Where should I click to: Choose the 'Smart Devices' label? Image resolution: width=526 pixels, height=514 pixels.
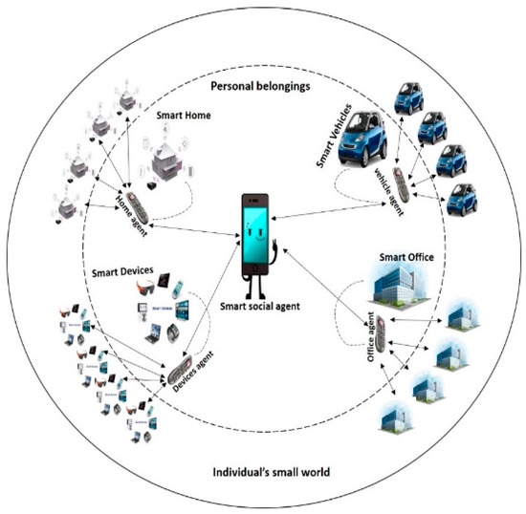(x=125, y=270)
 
